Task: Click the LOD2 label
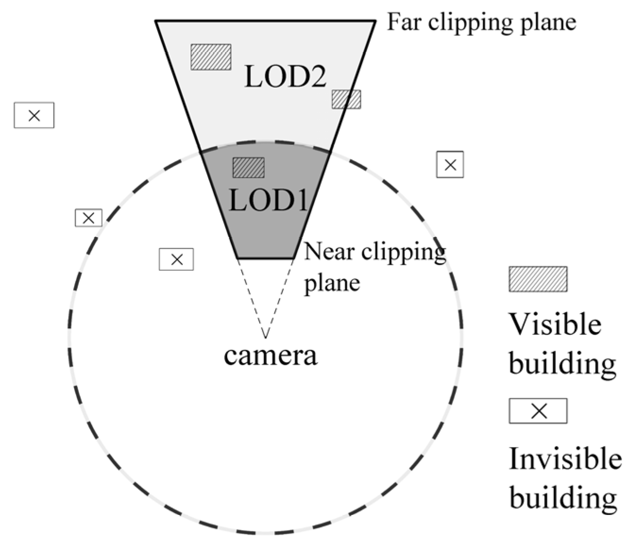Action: (285, 76)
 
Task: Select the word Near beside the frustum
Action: (329, 252)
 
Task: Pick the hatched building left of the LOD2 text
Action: (211, 57)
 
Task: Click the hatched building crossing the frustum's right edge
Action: (346, 100)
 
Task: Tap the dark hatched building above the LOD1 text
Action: (249, 167)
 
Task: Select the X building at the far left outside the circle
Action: (34, 115)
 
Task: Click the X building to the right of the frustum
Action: (450, 165)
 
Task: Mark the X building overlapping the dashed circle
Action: (89, 218)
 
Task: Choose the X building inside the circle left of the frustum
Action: (177, 259)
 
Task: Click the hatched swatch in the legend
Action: (538, 279)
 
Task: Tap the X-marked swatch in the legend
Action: (538, 411)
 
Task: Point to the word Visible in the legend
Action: (555, 324)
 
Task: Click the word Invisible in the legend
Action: (565, 458)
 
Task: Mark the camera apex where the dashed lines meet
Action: (266, 337)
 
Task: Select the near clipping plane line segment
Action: (266, 258)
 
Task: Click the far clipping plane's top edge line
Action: (266, 21)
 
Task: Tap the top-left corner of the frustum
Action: (157, 21)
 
